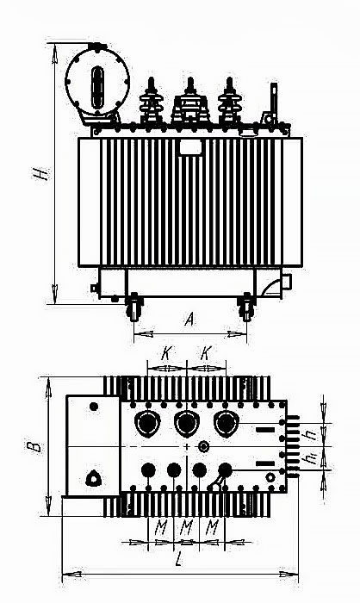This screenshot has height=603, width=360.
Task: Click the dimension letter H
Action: (x=41, y=173)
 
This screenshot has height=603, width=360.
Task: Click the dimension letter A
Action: (x=189, y=319)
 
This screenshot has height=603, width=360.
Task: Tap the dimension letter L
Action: (x=179, y=560)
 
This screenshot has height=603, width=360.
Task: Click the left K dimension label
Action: (x=166, y=353)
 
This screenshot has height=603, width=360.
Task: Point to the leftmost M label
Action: (x=161, y=527)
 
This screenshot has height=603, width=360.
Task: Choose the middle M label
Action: (x=187, y=527)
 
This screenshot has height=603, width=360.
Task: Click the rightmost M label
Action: (x=212, y=527)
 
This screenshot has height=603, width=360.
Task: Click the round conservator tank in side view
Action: (x=97, y=82)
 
